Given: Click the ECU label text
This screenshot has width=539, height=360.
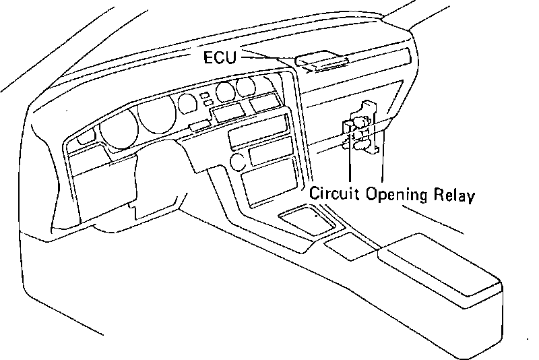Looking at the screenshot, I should click(220, 58).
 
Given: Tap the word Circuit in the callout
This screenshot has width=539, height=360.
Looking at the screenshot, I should click(335, 195).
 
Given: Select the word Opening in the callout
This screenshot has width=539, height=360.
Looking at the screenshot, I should click(398, 195).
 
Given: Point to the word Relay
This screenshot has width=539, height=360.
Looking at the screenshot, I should click(455, 195).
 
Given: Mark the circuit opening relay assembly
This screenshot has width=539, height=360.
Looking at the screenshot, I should click(359, 128).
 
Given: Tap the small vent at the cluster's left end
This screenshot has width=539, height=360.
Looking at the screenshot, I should click(86, 139).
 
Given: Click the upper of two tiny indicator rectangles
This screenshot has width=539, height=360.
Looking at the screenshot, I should click(203, 96).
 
